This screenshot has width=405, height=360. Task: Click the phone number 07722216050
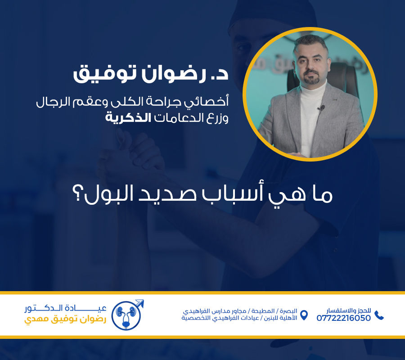point(344,318)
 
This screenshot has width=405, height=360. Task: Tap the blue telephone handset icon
point(379,315)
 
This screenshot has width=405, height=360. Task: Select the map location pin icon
point(304,315)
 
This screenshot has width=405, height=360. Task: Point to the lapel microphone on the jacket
point(321,108)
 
